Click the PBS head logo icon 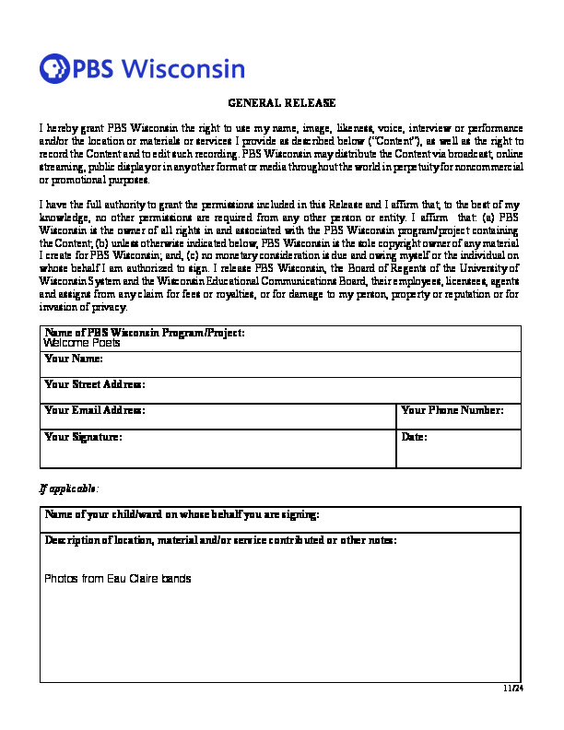54,68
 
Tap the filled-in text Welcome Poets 82,343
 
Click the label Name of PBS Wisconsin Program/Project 145,332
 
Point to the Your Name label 74,358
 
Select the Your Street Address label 95,383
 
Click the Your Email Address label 95,410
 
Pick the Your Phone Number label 452,410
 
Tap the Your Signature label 83,436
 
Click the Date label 415,436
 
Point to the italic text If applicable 69,487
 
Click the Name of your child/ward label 182,513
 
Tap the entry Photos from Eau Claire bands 118,579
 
